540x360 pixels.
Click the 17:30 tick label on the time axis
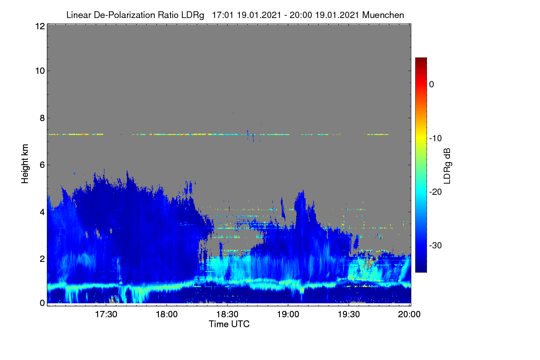coord(106,315)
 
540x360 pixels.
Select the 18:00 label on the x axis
coord(166,315)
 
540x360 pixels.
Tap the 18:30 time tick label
coord(227,315)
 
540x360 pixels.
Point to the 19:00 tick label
coord(288,315)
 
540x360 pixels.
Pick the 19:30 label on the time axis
coord(349,315)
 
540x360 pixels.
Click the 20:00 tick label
coord(409,315)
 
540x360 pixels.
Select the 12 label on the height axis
coord(40,26)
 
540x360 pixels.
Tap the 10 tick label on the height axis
coord(40,71)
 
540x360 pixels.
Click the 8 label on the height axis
coord(43,118)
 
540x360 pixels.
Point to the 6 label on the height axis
coord(43,165)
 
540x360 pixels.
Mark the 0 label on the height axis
coord(43,303)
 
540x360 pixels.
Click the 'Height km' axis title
coord(25,164)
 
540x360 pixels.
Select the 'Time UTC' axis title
coord(229,324)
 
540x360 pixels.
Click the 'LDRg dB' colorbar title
coord(447,166)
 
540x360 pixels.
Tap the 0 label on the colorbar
coord(432,85)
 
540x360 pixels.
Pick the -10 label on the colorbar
coord(436,139)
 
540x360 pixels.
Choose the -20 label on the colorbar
coord(436,192)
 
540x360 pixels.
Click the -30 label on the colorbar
coord(436,246)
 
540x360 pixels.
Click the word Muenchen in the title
coord(383,15)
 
